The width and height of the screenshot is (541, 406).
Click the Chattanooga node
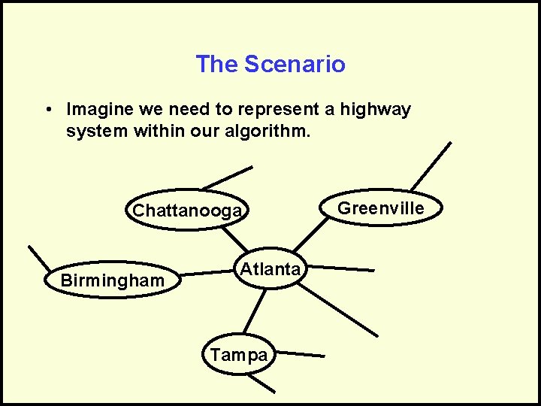coord(187,211)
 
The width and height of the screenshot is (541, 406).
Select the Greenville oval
coord(381,208)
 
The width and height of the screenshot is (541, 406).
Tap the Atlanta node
coord(270,269)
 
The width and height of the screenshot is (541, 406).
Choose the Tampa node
coord(238,355)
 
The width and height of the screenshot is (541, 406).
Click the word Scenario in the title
coord(295,65)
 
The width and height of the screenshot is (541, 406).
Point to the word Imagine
coord(99,110)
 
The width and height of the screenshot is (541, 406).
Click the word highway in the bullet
coord(375,110)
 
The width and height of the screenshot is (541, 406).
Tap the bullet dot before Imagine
coord(47,110)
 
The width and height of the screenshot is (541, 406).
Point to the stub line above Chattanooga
coord(226,178)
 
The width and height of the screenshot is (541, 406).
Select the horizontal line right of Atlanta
coord(340,268)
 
